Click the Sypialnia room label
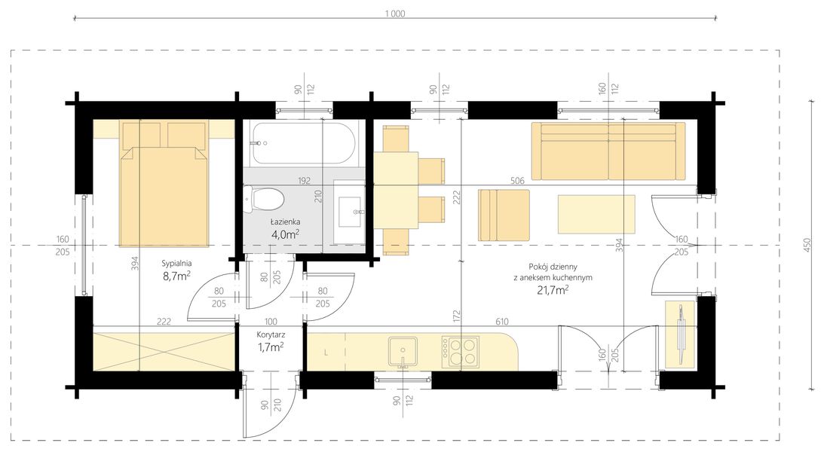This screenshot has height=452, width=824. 176,264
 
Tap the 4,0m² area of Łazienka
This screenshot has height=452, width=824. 286,234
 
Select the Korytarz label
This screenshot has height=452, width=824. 270,334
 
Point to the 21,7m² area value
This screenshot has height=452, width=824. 553,289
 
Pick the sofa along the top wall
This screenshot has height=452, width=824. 608,151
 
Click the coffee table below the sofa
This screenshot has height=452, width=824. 596,214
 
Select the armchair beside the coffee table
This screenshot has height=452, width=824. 504,215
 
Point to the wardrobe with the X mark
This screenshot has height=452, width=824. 163,351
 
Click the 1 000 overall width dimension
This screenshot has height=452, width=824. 395,13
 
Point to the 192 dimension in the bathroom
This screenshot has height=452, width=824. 303,181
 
